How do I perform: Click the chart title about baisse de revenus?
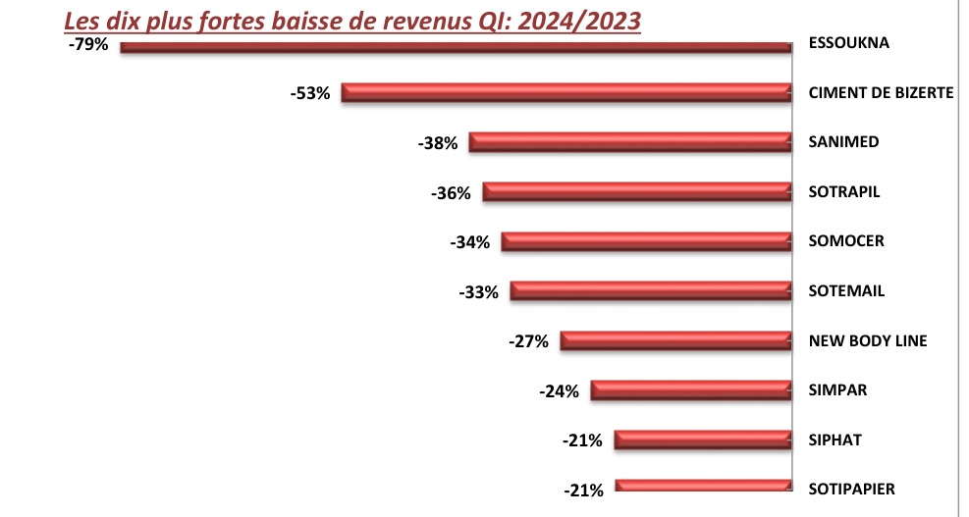pyautogui.click(x=352, y=21)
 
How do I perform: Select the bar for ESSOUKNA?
pyautogui.click(x=455, y=46)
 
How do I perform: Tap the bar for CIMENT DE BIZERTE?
pyautogui.click(x=565, y=93)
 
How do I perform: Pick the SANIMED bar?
pyautogui.click(x=629, y=142)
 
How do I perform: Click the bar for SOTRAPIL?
pyautogui.click(x=636, y=192)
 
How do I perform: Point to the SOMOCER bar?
pyautogui.click(x=645, y=241)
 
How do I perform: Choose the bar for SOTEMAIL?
pyautogui.click(x=650, y=290)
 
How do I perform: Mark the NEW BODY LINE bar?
pyautogui.click(x=674, y=340)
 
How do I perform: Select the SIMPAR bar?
pyautogui.click(x=690, y=390)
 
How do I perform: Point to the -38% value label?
pyautogui.click(x=438, y=143)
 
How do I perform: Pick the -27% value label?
pyautogui.click(x=528, y=341)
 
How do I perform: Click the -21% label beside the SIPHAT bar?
pyautogui.click(x=582, y=440)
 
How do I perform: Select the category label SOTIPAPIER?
pyautogui.click(x=852, y=489)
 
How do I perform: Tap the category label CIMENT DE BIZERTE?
pyautogui.click(x=881, y=93)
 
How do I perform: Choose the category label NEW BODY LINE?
pyautogui.click(x=868, y=340)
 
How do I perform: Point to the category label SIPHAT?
pyautogui.click(x=834, y=439)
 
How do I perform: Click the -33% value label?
pyautogui.click(x=479, y=291)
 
